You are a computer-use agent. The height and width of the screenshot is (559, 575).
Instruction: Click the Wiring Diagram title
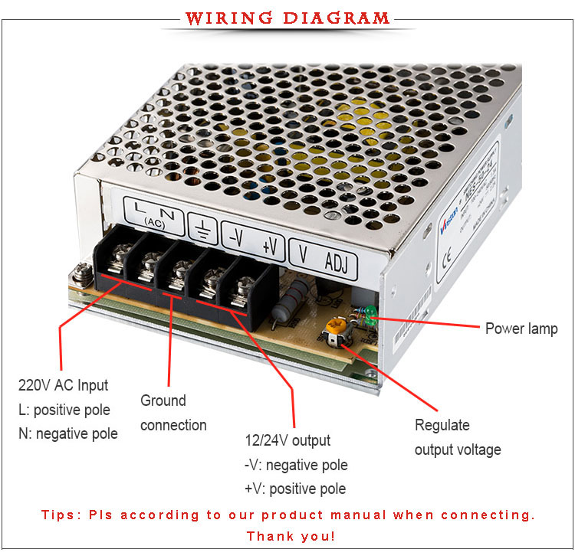pyautogui.click(x=287, y=18)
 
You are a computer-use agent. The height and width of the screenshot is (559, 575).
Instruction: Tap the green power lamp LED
pyautogui.click(x=370, y=312)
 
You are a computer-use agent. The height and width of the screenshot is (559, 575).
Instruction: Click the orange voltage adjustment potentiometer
pyautogui.click(x=333, y=329)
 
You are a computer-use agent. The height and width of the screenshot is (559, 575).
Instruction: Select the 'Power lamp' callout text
pyautogui.click(x=521, y=329)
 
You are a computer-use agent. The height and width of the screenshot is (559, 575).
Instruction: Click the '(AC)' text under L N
pyautogui.click(x=153, y=221)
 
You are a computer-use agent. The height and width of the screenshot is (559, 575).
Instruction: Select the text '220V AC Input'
pyautogui.click(x=64, y=385)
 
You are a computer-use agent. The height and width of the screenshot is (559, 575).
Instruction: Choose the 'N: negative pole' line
pyautogui.click(x=68, y=433)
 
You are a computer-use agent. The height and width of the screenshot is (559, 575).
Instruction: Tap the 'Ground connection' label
pyautogui.click(x=173, y=413)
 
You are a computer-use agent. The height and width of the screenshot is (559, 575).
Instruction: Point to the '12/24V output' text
pyautogui.click(x=287, y=440)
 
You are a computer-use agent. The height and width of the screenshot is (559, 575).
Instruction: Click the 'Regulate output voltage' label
pyautogui.click(x=458, y=437)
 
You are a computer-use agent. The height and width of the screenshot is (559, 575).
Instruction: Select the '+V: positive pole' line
pyautogui.click(x=295, y=489)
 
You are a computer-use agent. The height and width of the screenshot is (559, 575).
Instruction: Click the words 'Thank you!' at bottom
pyautogui.click(x=291, y=536)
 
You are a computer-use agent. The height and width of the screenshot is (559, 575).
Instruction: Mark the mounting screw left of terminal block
pyautogui.click(x=82, y=270)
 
